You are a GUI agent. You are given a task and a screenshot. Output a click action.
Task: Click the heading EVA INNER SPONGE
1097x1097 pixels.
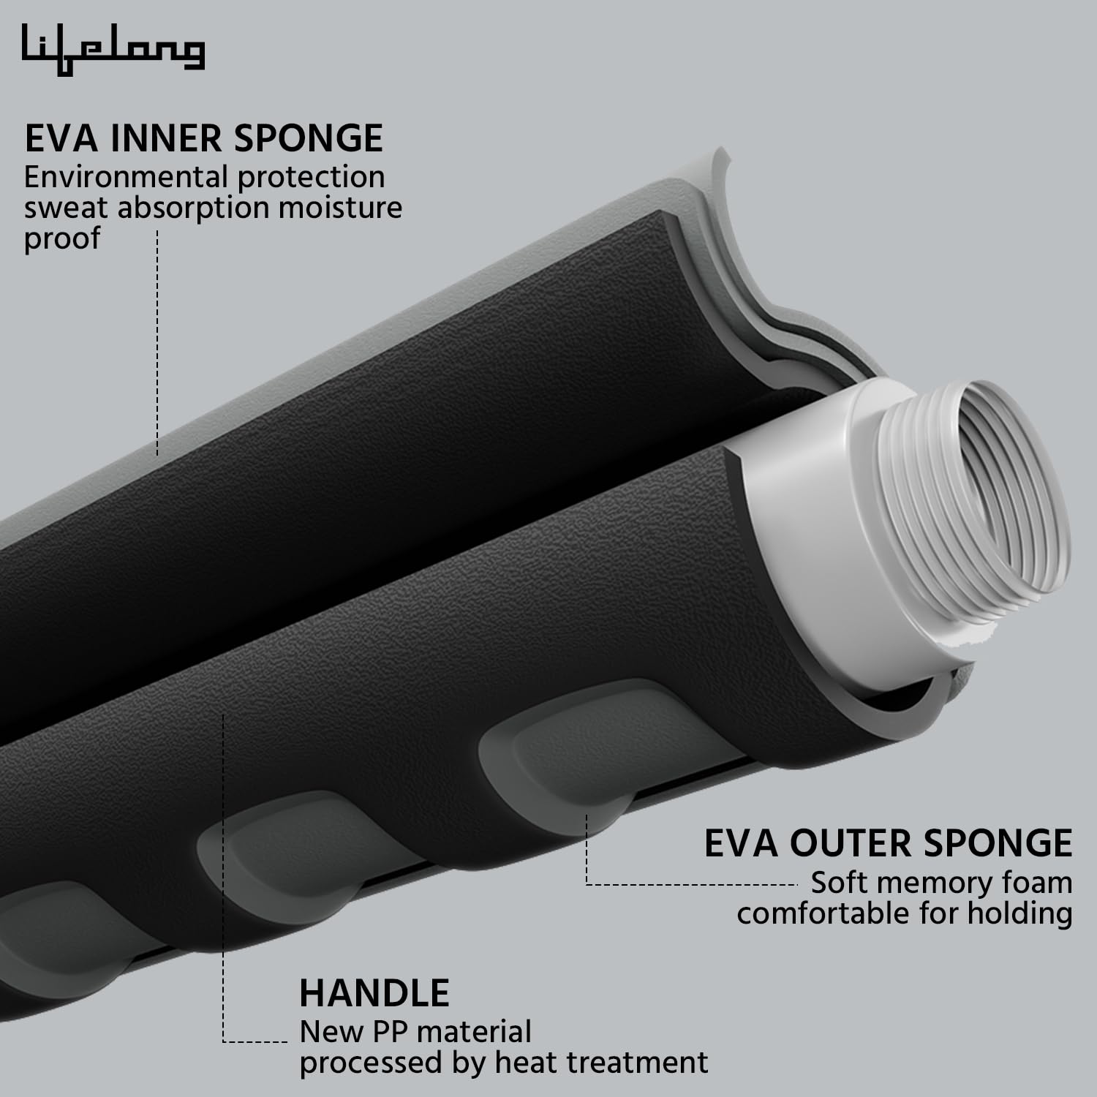(204, 139)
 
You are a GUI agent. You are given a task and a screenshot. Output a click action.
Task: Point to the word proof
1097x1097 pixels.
(61, 239)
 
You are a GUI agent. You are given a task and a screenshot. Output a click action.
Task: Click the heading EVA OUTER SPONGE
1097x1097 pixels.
(888, 843)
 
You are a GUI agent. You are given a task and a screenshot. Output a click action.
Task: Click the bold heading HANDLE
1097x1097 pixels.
(374, 993)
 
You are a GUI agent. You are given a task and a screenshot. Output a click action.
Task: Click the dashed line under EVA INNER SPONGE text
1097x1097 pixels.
(157, 344)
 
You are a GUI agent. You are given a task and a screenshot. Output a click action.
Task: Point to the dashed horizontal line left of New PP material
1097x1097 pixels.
(256, 1041)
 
